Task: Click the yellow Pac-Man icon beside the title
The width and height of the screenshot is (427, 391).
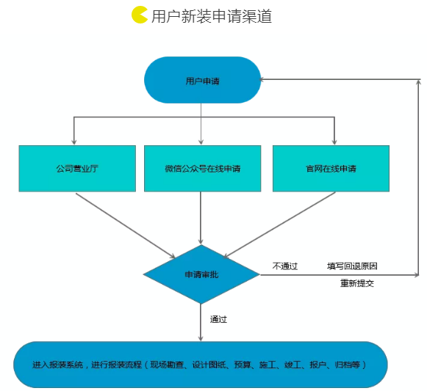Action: click(140, 15)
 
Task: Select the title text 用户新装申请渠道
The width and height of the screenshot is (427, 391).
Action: click(212, 16)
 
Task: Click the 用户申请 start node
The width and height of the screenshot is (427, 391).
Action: click(202, 80)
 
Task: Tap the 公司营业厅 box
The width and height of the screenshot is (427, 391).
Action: click(77, 169)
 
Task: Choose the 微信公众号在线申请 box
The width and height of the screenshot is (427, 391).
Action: click(202, 169)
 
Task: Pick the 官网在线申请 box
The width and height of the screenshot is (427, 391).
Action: click(331, 169)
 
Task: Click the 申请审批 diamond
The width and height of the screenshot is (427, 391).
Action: click(201, 274)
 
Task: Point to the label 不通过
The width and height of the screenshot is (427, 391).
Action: click(285, 266)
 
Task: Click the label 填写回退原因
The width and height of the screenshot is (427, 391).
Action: click(352, 266)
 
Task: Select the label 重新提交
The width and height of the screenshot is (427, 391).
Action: click(357, 283)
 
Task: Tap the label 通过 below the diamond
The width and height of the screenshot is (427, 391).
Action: click(218, 319)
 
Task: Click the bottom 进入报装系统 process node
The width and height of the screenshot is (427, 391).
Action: click(201, 365)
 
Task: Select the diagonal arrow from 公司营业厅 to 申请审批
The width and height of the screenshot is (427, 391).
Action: click(126, 226)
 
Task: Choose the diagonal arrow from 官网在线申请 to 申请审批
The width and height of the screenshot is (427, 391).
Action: click(279, 225)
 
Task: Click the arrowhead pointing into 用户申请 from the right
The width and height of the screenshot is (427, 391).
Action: click(262, 79)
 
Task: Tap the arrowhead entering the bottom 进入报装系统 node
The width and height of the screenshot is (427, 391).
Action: click(201, 338)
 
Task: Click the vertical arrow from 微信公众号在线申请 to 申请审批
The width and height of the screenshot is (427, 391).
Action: click(201, 218)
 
